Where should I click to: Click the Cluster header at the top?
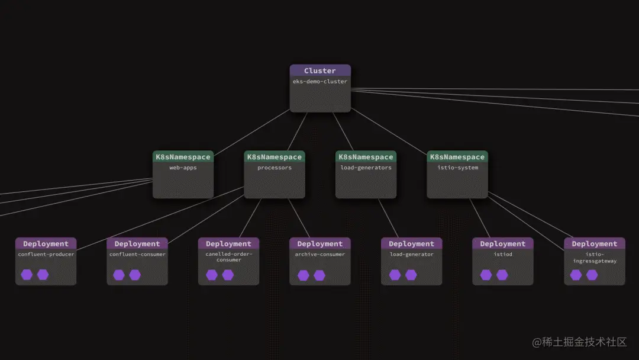[x=319, y=70]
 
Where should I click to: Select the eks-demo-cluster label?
[x=319, y=81]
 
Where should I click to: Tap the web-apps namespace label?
[x=183, y=168]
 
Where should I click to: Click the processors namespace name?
[x=275, y=168]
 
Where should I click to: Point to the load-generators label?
[x=366, y=168]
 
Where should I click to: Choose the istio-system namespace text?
[x=457, y=168]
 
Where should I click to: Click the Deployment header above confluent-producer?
[x=46, y=243]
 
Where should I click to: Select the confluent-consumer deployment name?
[x=137, y=255]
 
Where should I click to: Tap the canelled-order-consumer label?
[x=228, y=257]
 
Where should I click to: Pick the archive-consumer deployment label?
[x=320, y=255]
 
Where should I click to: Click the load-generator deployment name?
[x=411, y=255]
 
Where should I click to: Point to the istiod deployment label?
[x=503, y=255]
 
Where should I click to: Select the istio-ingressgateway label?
[x=594, y=257]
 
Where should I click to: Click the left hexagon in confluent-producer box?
[x=27, y=275]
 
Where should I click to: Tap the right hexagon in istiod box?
[x=502, y=275]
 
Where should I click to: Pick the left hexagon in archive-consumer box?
[x=304, y=275]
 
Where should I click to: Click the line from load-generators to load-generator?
[x=389, y=218]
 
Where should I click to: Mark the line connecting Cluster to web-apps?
[x=251, y=131]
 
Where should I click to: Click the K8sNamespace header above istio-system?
[x=457, y=157]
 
